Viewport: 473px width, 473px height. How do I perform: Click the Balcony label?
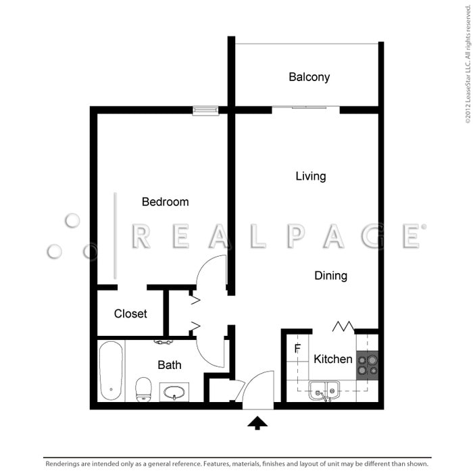[309, 77]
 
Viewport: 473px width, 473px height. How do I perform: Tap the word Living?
[311, 176]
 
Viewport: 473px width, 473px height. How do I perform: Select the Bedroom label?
[165, 202]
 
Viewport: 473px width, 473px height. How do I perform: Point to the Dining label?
[331, 276]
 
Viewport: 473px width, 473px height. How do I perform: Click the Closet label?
[130, 314]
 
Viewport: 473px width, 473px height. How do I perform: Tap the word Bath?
[170, 366]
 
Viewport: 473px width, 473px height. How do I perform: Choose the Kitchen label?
[333, 359]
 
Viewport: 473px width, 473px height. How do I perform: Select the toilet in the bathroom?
[143, 389]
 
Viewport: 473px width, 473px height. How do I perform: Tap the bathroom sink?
[174, 392]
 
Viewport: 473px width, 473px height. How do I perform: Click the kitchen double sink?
[324, 391]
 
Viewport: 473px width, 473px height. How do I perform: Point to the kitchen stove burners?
[368, 365]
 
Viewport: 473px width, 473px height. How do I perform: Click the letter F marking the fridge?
[297, 350]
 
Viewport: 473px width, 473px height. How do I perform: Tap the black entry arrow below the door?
[257, 423]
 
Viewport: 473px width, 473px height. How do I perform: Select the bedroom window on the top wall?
[205, 110]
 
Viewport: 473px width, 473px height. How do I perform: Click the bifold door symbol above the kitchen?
[343, 327]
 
